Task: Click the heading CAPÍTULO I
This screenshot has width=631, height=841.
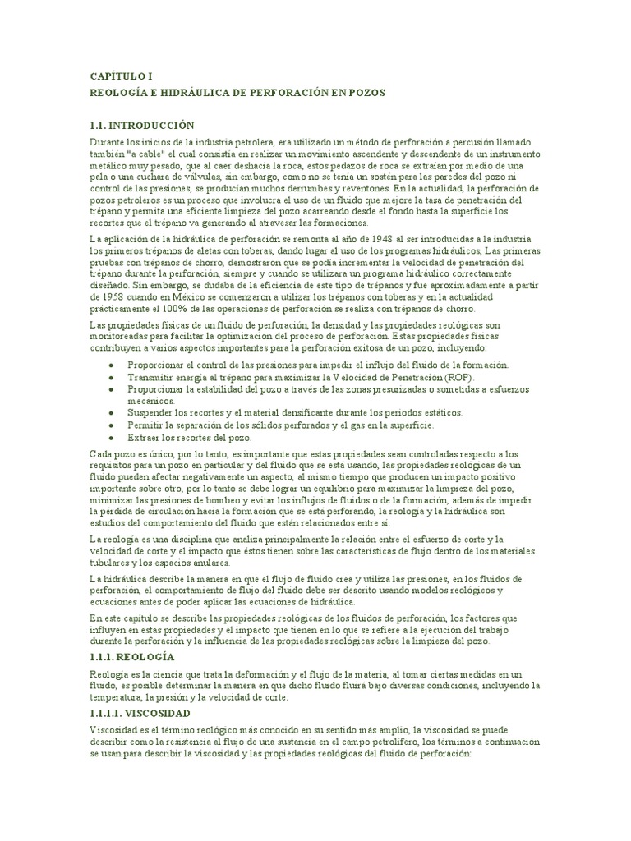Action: pos(121,76)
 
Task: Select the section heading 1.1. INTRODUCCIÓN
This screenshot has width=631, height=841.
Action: pos(142,126)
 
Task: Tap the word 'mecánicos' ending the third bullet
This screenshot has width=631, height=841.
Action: pos(149,400)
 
